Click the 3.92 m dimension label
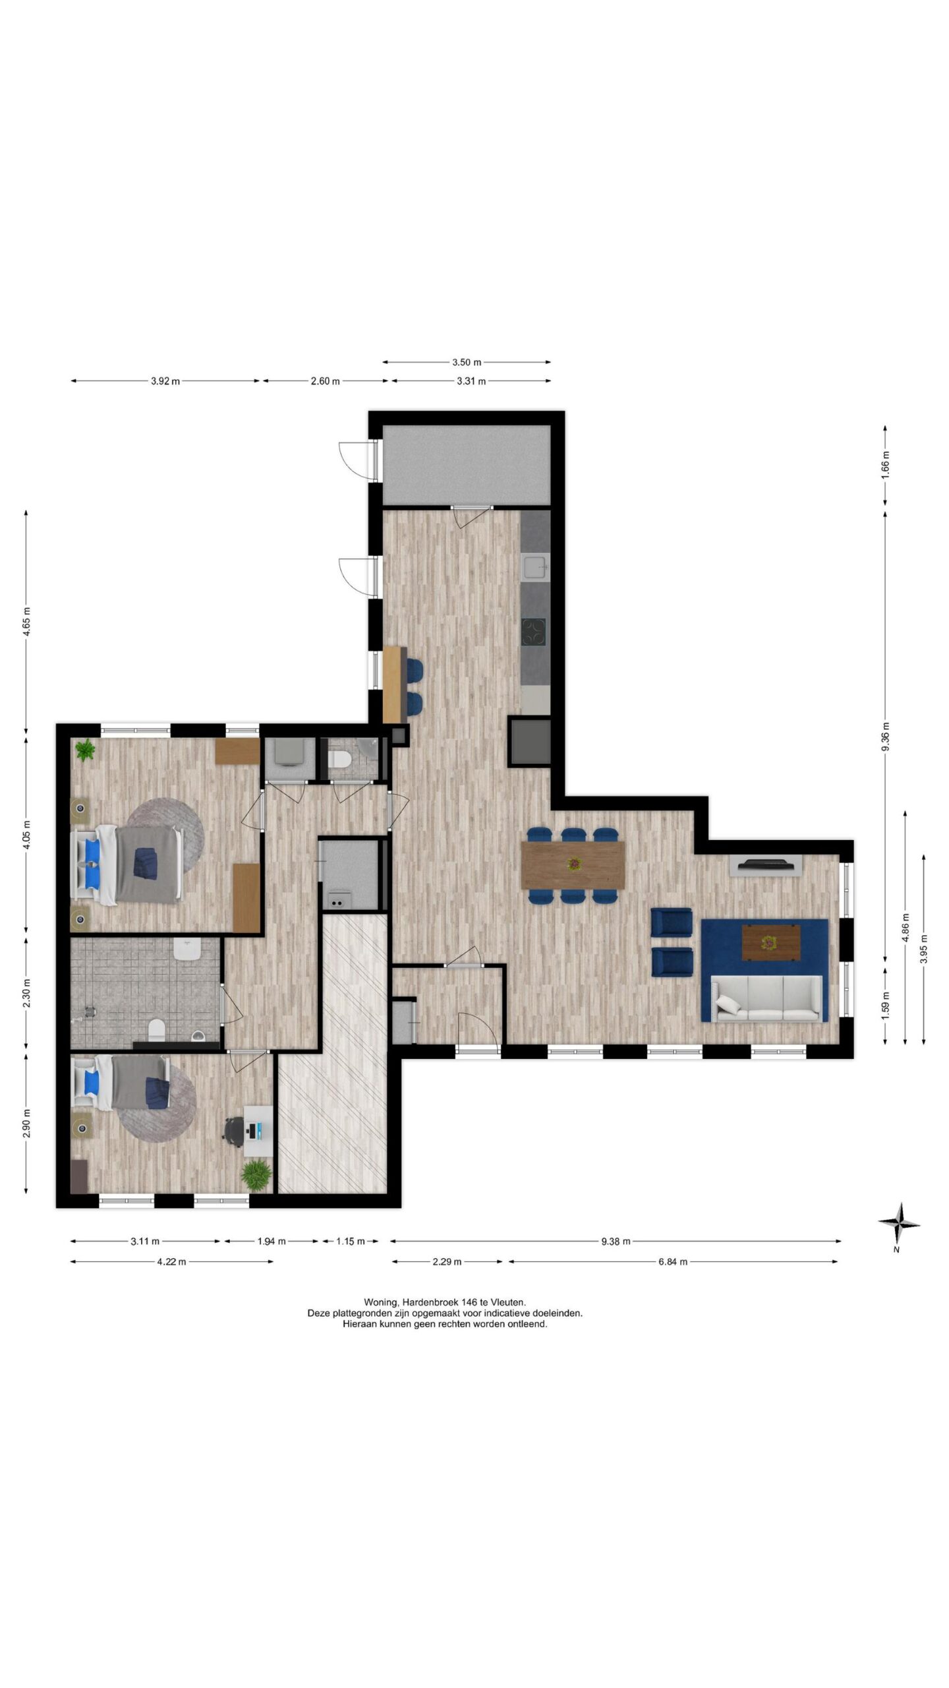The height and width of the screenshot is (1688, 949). [165, 381]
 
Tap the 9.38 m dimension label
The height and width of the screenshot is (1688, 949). [616, 1242]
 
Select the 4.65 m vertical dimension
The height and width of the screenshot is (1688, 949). [26, 621]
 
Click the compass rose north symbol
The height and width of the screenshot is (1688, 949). [899, 1224]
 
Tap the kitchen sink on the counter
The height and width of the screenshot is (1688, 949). [534, 566]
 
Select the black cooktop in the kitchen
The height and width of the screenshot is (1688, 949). [534, 633]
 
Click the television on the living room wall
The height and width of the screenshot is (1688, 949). [765, 864]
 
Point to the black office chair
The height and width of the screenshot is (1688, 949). [233, 1130]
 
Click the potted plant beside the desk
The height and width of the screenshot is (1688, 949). [256, 1175]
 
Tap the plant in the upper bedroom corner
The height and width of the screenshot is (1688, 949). [85, 750]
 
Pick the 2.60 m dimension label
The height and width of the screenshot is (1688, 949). [325, 381]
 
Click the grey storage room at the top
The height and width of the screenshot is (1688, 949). [467, 465]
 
